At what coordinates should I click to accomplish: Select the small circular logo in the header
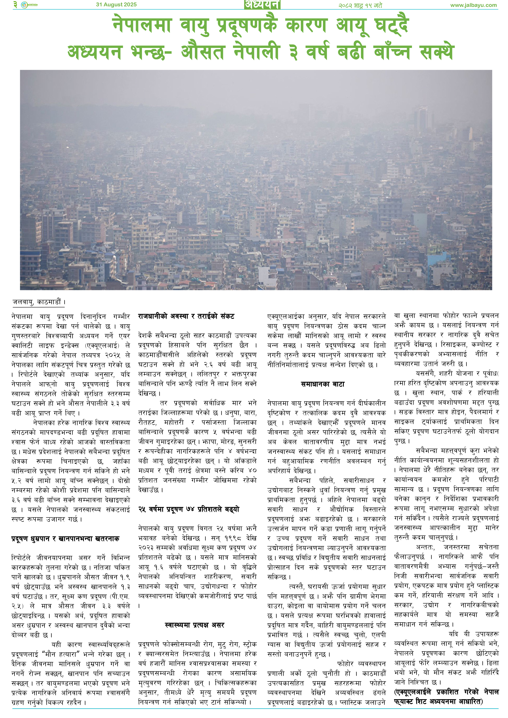coord(24,5)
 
